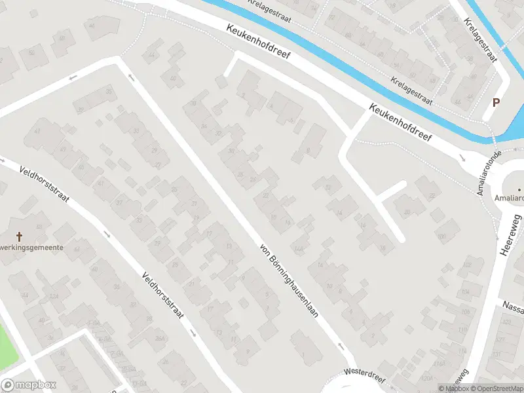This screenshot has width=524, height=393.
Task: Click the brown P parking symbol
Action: coord(496,102)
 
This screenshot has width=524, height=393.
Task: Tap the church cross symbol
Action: coord(19,236)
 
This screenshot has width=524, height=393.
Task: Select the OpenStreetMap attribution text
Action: coord(497,388)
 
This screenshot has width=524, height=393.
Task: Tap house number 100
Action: coord(441,236)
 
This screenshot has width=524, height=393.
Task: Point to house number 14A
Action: coord(299,249)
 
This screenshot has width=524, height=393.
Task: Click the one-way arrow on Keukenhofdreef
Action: coord(462,157)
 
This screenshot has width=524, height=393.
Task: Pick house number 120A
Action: coord(426,378)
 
